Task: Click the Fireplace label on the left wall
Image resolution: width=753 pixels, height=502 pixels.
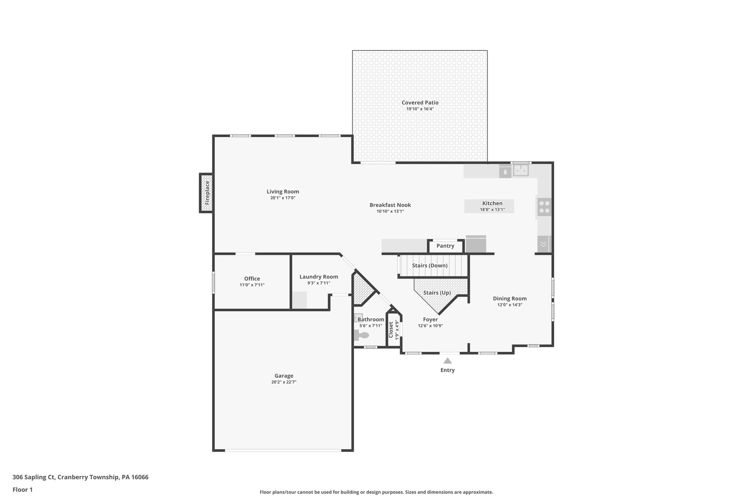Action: coord(207,193)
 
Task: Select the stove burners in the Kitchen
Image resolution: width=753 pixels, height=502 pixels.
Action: coord(544,207)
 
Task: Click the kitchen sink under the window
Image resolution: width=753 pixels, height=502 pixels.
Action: coord(521,170)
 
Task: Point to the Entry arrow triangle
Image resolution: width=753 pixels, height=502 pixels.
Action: coord(447,361)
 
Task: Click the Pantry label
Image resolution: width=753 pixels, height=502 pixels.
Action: coord(445,246)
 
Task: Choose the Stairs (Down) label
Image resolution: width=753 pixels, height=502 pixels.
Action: coord(429,266)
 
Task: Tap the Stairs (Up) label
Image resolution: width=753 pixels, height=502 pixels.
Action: coord(437,293)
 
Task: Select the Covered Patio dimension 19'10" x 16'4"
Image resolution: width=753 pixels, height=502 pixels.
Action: coord(420,109)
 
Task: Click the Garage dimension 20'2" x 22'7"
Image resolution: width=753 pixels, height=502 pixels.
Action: coord(283,382)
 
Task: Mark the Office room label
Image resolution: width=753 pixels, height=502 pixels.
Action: coord(252,279)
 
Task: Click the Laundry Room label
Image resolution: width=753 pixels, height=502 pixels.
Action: coord(318,277)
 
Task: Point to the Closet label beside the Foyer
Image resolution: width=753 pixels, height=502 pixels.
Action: coord(391,330)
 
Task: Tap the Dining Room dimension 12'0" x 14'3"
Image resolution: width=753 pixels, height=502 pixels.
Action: coord(510,305)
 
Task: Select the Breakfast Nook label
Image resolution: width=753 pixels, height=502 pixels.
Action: coord(390,205)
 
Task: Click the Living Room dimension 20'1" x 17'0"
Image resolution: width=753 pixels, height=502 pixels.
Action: coord(283,198)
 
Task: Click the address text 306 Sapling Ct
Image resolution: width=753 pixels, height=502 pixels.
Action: coord(34,477)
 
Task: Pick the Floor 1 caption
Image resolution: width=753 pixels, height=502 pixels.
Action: coord(22,489)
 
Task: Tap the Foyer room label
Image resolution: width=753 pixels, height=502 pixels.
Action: coord(430,320)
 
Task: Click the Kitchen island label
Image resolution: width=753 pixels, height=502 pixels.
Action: coord(492,203)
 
